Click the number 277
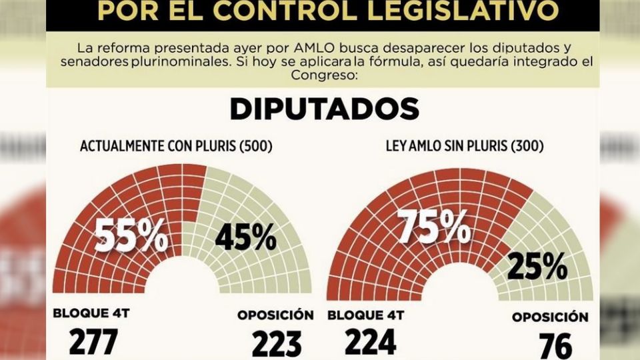pyautogui.click(x=93, y=342)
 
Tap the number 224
pyautogui.click(x=371, y=342)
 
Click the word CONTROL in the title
pyautogui.click(x=296, y=9)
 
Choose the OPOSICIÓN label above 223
pyautogui.click(x=275, y=313)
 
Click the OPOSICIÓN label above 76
pyautogui.click(x=550, y=317)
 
